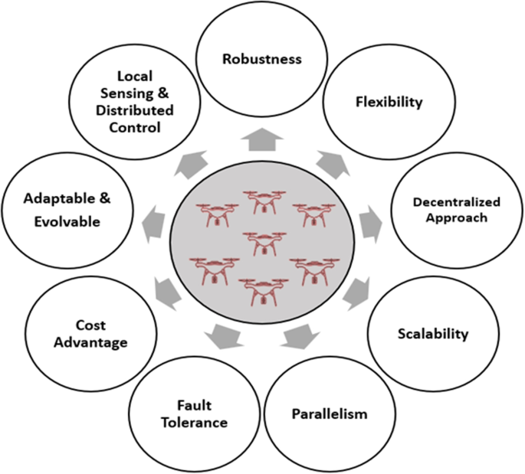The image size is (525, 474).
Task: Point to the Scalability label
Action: pyautogui.click(x=433, y=334)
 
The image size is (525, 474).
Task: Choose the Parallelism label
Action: pyautogui.click(x=330, y=414)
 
